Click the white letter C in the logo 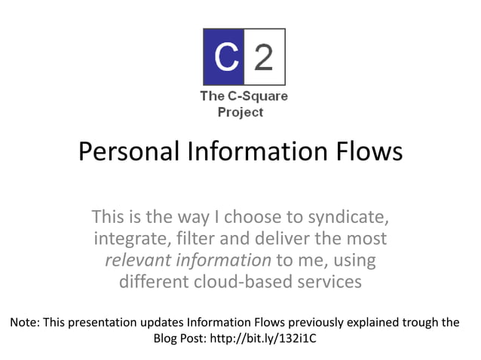click(x=223, y=56)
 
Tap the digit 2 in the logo click(x=264, y=56)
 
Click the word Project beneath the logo click(x=240, y=112)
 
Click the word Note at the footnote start click(x=24, y=322)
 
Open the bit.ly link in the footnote click(x=274, y=338)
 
